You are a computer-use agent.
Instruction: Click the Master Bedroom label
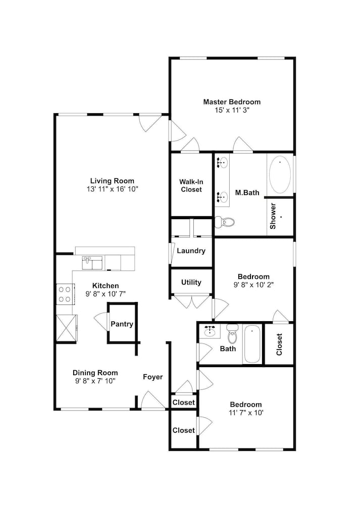[232, 102]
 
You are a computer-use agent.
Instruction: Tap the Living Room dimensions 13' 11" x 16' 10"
[112, 189]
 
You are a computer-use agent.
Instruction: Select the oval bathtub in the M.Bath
[280, 175]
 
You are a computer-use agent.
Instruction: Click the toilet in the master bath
[225, 222]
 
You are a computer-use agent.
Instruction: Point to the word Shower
[273, 216]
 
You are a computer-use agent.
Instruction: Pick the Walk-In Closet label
[191, 186]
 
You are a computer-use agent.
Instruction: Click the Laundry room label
[191, 251]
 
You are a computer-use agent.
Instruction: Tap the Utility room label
[191, 282]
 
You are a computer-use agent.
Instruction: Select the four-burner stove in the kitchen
[65, 294]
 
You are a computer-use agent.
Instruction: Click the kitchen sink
[92, 263]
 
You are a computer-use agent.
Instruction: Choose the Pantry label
[122, 324]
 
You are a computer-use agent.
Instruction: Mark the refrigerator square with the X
[67, 328]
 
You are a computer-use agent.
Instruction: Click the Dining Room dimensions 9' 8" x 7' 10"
[95, 381]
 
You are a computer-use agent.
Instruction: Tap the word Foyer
[153, 377]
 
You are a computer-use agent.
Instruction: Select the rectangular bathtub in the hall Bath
[252, 344]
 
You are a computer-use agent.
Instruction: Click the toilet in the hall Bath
[232, 334]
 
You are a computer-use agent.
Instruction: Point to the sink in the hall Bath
[210, 331]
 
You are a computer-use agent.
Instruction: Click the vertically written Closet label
[279, 344]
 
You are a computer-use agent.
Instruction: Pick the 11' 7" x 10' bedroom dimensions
[246, 413]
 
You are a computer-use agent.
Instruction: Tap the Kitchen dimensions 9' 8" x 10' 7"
[106, 294]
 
